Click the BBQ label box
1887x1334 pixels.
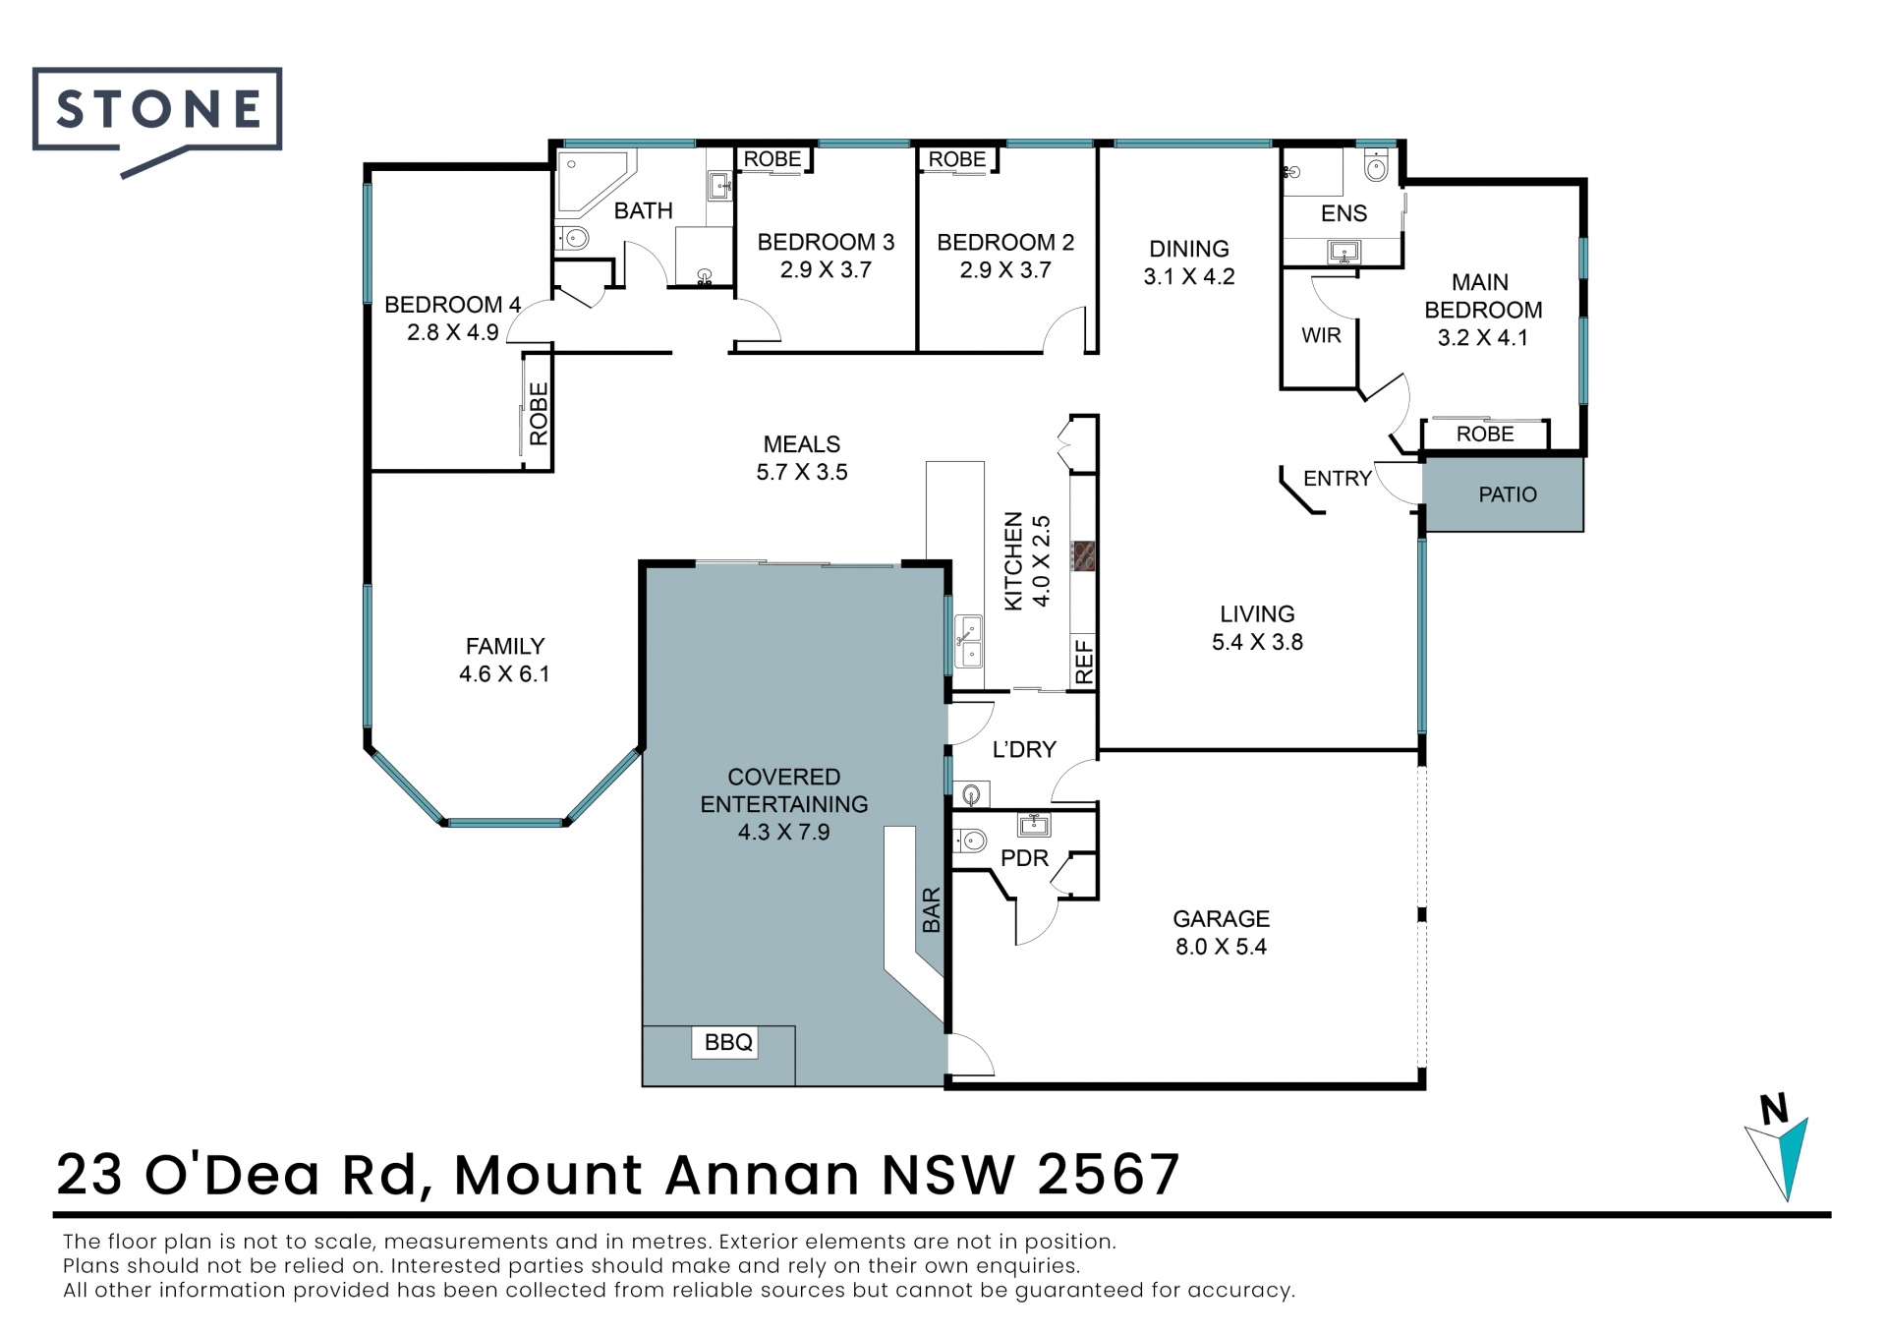(728, 1042)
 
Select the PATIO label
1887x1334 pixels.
(1508, 494)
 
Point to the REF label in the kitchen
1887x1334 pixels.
(1084, 662)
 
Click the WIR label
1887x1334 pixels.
(1321, 335)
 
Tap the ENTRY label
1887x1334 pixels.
(1337, 479)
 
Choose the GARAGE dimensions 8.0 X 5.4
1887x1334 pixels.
(1221, 947)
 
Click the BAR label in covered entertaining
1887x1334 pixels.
(932, 909)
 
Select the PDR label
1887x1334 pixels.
(1024, 858)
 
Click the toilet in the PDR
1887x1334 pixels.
(970, 841)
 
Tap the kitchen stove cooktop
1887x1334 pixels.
(1083, 555)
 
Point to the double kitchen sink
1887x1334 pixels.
(968, 642)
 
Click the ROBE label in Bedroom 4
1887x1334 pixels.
(539, 414)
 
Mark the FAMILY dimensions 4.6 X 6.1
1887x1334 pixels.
(504, 674)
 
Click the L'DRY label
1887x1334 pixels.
(1024, 749)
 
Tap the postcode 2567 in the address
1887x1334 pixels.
(1109, 1174)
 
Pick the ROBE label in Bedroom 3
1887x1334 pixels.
(772, 158)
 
